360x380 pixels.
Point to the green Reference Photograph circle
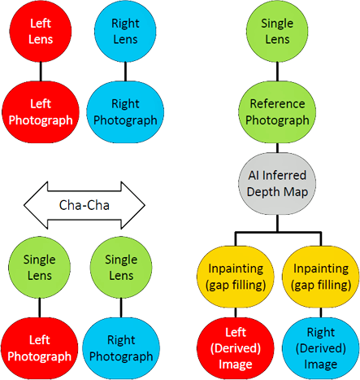[278, 112]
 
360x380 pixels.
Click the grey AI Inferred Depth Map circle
[278, 186]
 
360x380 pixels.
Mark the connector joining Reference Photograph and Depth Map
[278, 150]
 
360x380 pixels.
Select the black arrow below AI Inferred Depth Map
[278, 230]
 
